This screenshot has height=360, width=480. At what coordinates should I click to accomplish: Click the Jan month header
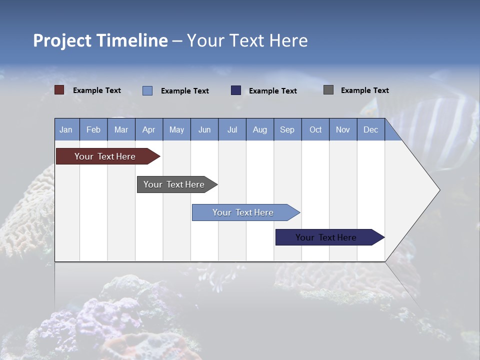66,129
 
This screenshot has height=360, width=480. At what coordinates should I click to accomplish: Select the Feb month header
93,129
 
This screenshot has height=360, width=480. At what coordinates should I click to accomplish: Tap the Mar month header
121,129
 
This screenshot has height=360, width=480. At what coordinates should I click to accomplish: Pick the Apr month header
149,129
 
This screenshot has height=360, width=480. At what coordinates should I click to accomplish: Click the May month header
176,129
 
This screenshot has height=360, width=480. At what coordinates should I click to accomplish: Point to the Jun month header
204,129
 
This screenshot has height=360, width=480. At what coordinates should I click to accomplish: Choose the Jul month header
232,129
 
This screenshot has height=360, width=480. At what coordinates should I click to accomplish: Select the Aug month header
260,129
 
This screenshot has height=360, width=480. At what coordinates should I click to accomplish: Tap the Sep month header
287,129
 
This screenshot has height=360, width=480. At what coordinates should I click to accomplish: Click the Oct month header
315,129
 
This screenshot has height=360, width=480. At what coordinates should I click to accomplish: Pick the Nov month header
343,129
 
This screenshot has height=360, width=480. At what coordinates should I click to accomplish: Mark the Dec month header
371,129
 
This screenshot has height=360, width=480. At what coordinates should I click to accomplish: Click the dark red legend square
59,90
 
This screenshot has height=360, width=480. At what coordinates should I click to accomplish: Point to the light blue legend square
147,90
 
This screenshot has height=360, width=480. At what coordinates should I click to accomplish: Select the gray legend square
328,90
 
